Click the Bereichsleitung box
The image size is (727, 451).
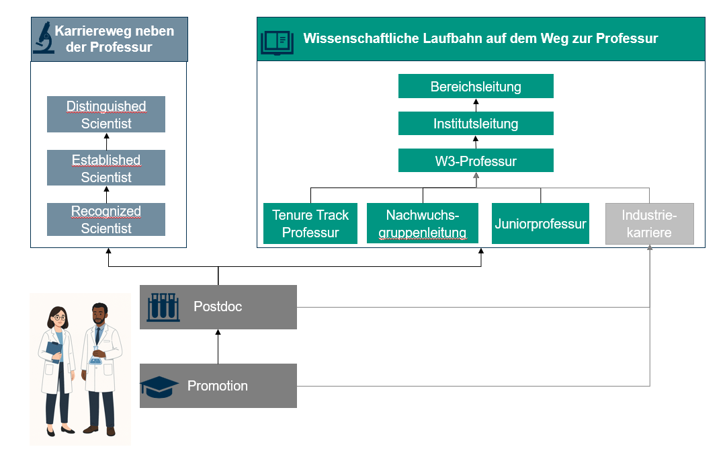(x=476, y=87)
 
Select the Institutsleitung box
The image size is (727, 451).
(x=476, y=124)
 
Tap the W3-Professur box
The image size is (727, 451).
(x=476, y=161)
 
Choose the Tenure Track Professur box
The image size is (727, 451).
(x=310, y=224)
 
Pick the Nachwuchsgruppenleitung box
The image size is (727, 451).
(x=423, y=224)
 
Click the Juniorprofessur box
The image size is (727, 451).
(x=540, y=224)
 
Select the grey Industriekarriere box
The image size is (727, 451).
(x=649, y=224)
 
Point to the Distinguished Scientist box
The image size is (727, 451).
(x=106, y=115)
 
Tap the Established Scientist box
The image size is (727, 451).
(x=106, y=168)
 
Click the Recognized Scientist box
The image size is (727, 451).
(x=106, y=220)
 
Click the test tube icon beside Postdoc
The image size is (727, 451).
(x=161, y=306)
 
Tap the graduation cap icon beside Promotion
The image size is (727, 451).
(x=159, y=385)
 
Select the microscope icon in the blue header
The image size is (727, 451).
(x=44, y=38)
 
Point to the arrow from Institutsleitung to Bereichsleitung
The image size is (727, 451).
(x=476, y=105)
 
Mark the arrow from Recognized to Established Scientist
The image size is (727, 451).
(x=106, y=194)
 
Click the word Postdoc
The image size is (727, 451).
(x=218, y=306)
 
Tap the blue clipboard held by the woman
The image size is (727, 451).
(x=52, y=350)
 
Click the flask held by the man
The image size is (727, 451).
(x=98, y=358)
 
